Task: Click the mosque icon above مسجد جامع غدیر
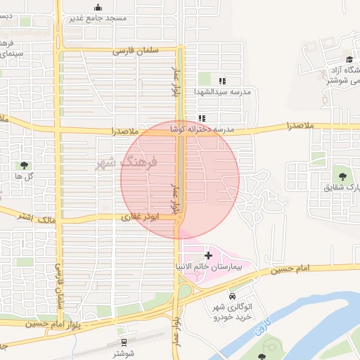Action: point(98,8)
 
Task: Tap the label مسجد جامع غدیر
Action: point(98,18)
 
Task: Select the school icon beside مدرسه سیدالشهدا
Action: point(222,82)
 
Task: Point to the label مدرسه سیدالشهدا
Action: point(222,91)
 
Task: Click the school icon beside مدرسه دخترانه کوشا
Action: point(202,119)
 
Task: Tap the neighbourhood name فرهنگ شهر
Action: point(126,162)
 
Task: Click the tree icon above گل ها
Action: point(25,165)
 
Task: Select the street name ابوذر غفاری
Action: point(141,217)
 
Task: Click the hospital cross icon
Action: point(208,255)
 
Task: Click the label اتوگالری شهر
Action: point(232,307)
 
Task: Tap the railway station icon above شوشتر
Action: point(124,343)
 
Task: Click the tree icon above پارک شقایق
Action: point(342,175)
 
